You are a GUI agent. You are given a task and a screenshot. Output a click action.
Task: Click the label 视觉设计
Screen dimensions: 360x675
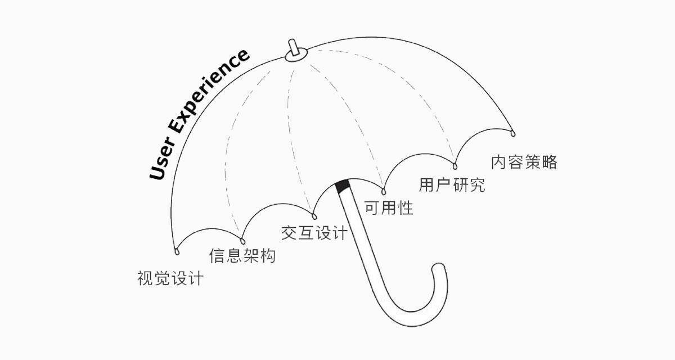[170, 278]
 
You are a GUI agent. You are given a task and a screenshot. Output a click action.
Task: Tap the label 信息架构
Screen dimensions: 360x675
[242, 256]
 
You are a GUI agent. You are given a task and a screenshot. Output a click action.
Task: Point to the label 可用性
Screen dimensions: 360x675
[389, 208]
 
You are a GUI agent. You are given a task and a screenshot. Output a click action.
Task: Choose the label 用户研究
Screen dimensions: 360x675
[452, 184]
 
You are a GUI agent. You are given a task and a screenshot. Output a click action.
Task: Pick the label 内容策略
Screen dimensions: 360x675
[524, 162]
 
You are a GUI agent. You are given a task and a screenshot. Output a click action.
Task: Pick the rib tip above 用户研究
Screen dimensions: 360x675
[454, 165]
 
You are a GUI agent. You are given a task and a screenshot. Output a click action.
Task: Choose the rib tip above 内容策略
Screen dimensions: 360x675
[513, 133]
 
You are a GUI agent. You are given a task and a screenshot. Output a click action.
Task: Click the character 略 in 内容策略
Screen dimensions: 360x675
[549, 162]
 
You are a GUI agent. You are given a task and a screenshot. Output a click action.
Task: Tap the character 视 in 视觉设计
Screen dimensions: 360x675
[145, 278]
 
